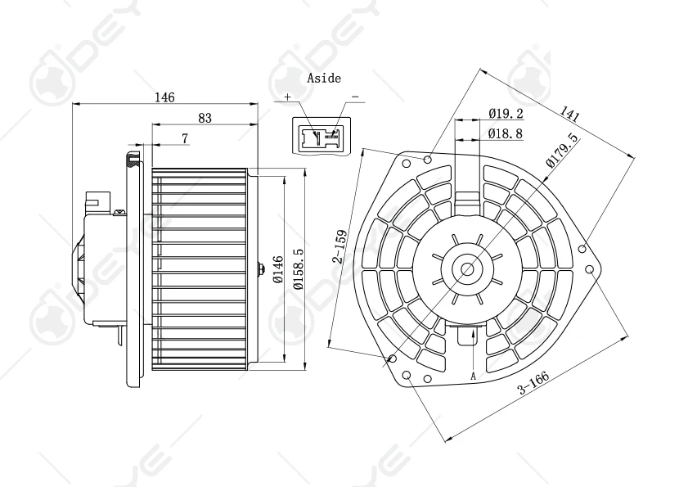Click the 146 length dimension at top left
[x=164, y=97]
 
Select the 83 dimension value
[x=205, y=118]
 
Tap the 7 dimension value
[x=185, y=138]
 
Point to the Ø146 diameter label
[x=278, y=268]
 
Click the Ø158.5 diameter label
[x=299, y=268]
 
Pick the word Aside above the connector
[x=324, y=79]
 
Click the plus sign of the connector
[x=287, y=97]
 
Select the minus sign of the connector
[x=355, y=97]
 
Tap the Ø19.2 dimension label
[x=506, y=114]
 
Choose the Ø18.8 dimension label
[x=506, y=133]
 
